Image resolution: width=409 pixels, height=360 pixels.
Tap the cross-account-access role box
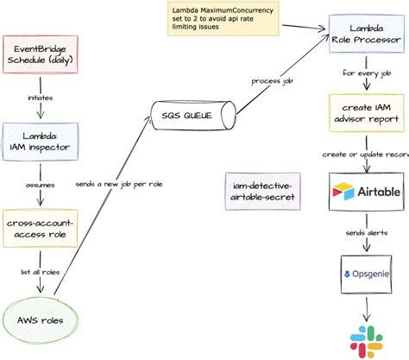click(x=41, y=230)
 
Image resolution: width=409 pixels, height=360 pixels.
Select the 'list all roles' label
click(x=40, y=275)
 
